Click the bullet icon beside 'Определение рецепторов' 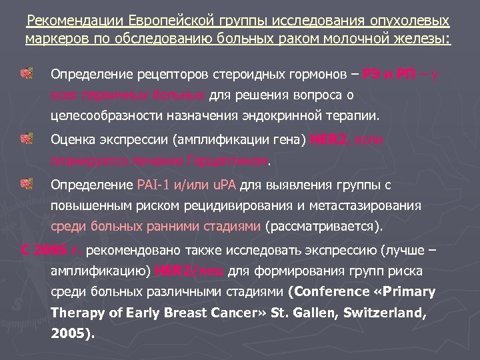pyautogui.click(x=27, y=72)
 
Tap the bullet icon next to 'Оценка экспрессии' pyautogui.click(x=27, y=139)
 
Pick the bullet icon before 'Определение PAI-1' pyautogui.click(x=27, y=183)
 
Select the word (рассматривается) pyautogui.click(x=324, y=227)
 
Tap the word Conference pyautogui.click(x=329, y=292)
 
